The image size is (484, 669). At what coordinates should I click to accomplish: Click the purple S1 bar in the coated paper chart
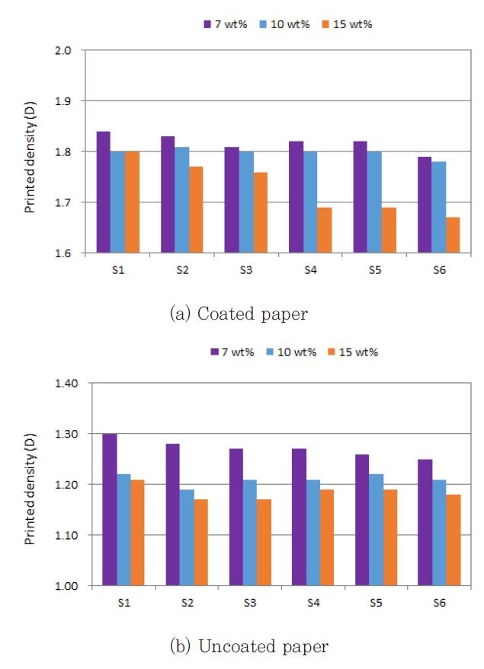[104, 192]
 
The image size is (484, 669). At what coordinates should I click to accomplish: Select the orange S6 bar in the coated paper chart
[453, 235]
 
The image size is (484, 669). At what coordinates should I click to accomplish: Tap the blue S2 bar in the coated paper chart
[181, 199]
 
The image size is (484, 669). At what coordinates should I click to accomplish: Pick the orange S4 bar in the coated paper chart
[324, 230]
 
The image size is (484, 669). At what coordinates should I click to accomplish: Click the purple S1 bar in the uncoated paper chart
[110, 509]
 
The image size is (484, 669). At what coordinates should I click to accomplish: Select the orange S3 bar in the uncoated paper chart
[264, 543]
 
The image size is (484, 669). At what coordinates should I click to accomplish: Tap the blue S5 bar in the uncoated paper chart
[377, 530]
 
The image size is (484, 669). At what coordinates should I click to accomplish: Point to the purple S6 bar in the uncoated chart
[425, 522]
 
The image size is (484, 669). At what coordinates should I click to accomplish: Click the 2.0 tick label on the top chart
[63, 50]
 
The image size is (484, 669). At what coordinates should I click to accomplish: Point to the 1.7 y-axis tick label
[63, 202]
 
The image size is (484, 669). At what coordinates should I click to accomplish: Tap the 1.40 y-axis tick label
[66, 383]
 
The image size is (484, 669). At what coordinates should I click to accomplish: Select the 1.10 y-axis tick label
[66, 535]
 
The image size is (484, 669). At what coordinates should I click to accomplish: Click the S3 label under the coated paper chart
[246, 270]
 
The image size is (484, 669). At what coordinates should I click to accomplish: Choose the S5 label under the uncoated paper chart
[376, 603]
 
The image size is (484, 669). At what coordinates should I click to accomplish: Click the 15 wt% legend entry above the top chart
[347, 24]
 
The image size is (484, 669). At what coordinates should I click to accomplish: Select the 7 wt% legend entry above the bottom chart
[232, 352]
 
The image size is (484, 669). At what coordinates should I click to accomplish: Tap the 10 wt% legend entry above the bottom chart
[291, 352]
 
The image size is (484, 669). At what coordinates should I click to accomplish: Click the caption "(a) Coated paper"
[239, 314]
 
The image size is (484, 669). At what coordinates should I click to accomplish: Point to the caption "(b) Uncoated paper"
[249, 646]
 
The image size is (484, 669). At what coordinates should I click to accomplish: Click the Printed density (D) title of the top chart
[30, 158]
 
